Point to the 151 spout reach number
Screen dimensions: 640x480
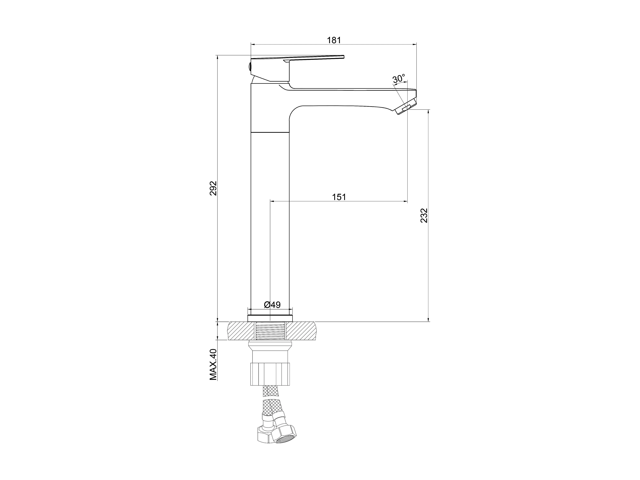339,197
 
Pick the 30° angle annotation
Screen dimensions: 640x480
399,79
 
